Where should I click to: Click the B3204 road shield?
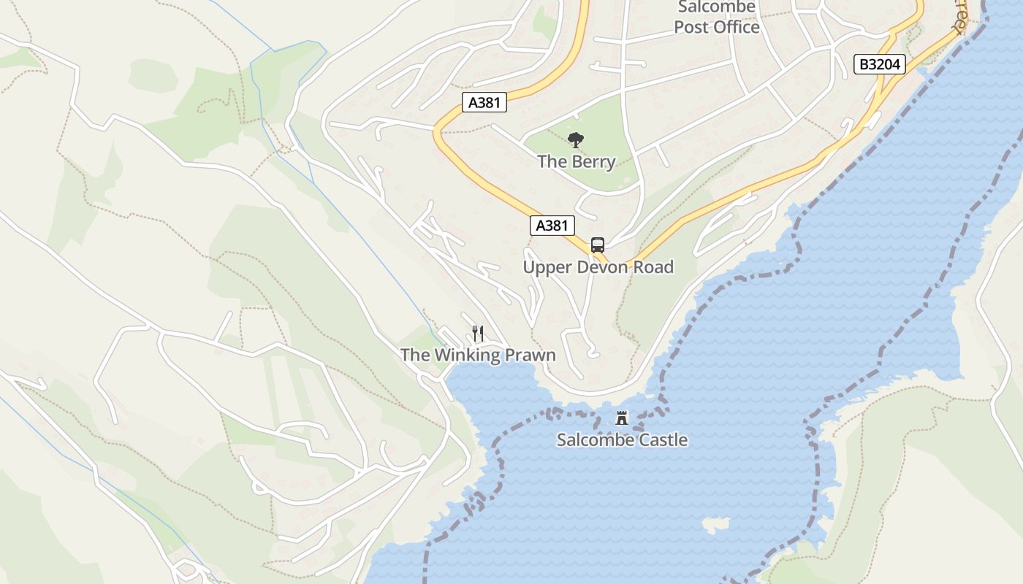[x=880, y=64]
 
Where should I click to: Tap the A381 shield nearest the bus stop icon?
[x=552, y=226]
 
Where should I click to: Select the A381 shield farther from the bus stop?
[x=484, y=102]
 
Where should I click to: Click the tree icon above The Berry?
[x=576, y=140]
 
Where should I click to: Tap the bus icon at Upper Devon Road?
[x=598, y=245]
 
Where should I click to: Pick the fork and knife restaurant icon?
[x=478, y=334]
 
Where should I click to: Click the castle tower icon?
[x=622, y=418]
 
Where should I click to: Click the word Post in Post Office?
[x=691, y=27]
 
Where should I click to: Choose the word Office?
[x=737, y=27]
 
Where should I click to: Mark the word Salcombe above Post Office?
[x=716, y=7]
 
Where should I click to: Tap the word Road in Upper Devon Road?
[x=653, y=267]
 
